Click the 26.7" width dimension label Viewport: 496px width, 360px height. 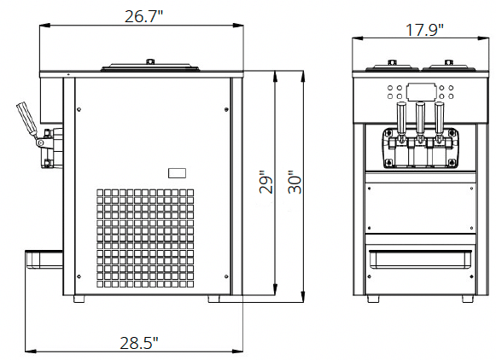(x=144, y=16)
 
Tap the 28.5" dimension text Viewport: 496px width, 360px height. (x=139, y=343)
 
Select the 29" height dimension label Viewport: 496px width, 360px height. (x=266, y=183)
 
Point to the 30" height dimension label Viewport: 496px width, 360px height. (x=295, y=183)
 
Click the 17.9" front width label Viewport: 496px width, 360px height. (x=424, y=30)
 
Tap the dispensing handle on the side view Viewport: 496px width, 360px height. (x=26, y=119)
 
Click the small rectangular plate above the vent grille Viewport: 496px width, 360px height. (x=177, y=173)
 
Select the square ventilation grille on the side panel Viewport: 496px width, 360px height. (x=145, y=238)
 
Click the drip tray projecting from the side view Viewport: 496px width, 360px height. (x=44, y=259)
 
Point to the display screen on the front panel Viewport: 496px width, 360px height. (x=420, y=92)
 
